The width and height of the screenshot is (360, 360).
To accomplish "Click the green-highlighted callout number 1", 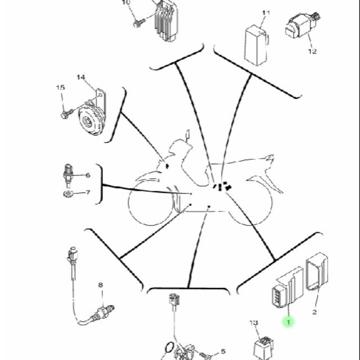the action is pos(289,322).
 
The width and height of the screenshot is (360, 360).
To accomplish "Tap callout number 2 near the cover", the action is pos(314,312).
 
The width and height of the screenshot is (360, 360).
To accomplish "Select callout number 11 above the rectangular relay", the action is pos(266,12).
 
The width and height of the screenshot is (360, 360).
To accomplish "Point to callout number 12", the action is pos(313,51).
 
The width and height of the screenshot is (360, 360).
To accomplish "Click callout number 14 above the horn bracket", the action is pos(81,77).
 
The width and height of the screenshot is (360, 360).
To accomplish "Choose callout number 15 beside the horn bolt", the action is pos(61,87).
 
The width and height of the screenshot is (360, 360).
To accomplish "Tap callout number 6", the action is pos(88,175).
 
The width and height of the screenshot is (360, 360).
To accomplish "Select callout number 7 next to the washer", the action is pos(88,192).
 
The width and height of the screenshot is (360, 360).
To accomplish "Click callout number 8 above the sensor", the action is pos(101,285).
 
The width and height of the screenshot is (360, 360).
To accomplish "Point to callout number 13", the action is pos(254,323).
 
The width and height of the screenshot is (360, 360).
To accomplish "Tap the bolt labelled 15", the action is pos(67,114).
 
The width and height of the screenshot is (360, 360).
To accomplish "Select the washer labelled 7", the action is pos(68,193).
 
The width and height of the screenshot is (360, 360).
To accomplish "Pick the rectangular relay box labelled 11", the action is pos(256,46).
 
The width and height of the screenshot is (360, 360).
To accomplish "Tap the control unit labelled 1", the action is pos(287,287).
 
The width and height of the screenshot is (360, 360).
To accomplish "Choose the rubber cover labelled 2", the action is pos(317,271).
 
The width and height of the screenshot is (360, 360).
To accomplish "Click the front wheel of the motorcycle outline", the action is pos(151,203).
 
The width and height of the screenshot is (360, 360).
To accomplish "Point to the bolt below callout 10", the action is pos(139,23).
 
